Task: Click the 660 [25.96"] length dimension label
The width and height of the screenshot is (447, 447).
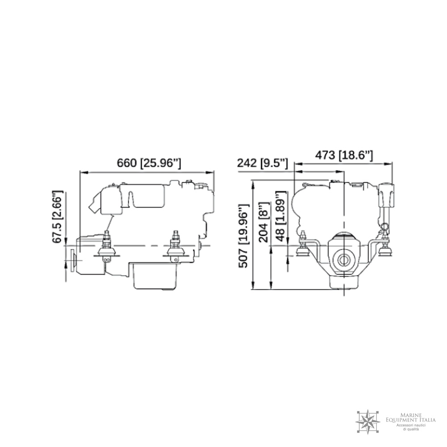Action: click(149, 163)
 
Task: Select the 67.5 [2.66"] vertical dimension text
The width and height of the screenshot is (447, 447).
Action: click(57, 216)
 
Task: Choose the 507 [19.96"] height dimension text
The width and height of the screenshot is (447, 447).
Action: click(244, 236)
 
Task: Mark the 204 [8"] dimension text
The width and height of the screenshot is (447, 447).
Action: click(264, 222)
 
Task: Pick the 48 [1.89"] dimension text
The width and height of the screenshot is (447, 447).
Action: click(281, 216)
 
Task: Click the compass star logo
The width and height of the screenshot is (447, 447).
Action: click(368, 422)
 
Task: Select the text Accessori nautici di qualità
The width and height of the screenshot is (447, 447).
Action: click(411, 426)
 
